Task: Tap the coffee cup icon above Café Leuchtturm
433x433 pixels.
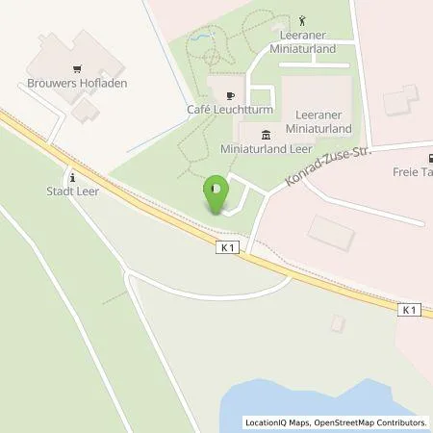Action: pyautogui.click(x=229, y=95)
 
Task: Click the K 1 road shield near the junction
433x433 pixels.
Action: pyautogui.click(x=227, y=247)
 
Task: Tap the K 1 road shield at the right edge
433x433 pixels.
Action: pyautogui.click(x=411, y=309)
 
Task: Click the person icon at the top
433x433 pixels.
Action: pyautogui.click(x=301, y=19)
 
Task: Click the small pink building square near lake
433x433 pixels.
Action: pyautogui.click(x=337, y=323)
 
